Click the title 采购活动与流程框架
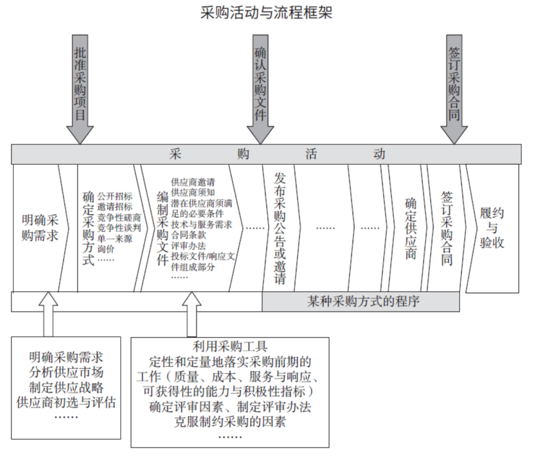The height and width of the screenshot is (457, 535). [x=266, y=13]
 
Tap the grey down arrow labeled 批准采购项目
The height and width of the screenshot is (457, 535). [x=80, y=89]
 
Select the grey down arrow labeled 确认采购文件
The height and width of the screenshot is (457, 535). [x=261, y=89]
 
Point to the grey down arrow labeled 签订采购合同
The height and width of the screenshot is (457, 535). [x=454, y=89]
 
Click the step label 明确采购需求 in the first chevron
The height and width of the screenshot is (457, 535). [x=40, y=228]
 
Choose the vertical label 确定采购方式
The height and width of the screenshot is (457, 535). [x=88, y=228]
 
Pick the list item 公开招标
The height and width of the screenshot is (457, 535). [x=114, y=196]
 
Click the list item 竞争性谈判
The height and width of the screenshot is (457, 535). [x=119, y=228]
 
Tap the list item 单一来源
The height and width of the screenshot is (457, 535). [x=114, y=238]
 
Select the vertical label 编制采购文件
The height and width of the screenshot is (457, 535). [x=162, y=228]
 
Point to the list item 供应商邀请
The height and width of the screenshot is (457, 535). [x=193, y=182]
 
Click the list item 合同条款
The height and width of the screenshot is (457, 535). [x=189, y=235]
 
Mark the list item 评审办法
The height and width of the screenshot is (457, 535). [x=189, y=246]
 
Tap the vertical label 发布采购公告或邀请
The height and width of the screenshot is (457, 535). [x=280, y=228]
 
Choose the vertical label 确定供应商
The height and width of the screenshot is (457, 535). [x=411, y=228]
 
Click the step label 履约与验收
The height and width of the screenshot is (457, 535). [x=492, y=228]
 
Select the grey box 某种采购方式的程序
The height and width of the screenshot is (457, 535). [x=361, y=302]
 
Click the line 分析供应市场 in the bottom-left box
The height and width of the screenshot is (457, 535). [x=66, y=372]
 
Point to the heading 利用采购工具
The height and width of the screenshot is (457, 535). [x=230, y=346]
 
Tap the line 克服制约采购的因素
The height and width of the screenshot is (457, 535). [x=230, y=421]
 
